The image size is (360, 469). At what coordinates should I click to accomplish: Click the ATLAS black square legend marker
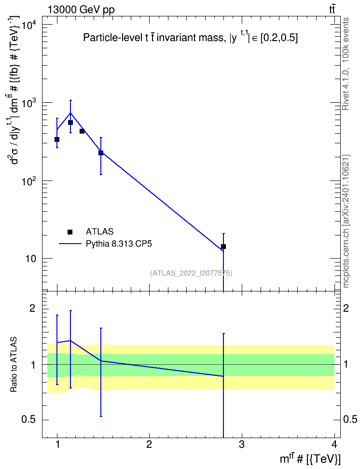coord(70,232)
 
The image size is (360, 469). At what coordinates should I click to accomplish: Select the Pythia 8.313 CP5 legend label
coord(119,244)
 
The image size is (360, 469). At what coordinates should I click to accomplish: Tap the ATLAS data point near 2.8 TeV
coord(223,247)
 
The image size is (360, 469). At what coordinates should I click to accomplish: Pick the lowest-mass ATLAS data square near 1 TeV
coord(57,139)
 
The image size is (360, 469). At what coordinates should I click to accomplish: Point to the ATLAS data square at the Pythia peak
coord(70,123)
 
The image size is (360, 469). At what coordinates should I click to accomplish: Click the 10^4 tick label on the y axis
coord(29,25)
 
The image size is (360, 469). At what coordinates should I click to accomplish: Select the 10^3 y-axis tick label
coord(29,103)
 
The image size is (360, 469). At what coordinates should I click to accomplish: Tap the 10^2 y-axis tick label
coord(29,181)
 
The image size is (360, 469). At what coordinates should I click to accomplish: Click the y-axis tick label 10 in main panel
coord(31,259)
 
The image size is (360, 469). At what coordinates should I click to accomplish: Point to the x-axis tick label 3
coord(241,444)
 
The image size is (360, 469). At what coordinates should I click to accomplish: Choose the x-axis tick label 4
coord(334,444)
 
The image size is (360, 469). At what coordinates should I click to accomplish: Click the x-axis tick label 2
coord(149,444)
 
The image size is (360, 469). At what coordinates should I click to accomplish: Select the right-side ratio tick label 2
coord(346,308)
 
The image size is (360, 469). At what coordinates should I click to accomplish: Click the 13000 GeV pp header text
coord(81,10)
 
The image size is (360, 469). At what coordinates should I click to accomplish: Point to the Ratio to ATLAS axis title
coord(14,365)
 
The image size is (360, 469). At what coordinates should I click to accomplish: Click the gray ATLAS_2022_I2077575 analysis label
coord(191,273)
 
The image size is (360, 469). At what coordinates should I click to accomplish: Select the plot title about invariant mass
coord(190,37)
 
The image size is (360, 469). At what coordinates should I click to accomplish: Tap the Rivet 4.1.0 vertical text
coord(346,64)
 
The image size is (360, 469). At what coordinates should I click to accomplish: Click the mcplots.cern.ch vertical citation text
coord(346,221)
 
